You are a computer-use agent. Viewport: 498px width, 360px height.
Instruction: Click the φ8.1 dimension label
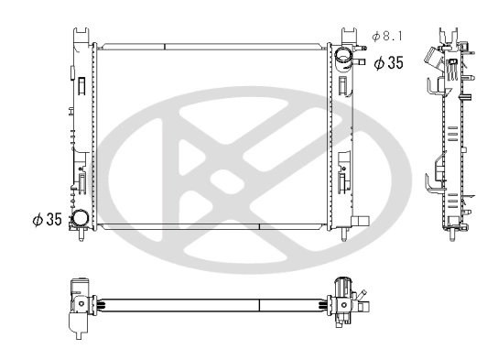(387, 36)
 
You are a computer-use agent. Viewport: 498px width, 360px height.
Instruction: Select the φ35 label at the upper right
(388, 62)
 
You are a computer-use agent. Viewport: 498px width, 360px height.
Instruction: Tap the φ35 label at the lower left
(47, 220)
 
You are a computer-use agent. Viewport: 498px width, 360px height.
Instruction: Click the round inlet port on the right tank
(345, 57)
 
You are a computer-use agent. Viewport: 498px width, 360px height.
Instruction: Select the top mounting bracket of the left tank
(81, 34)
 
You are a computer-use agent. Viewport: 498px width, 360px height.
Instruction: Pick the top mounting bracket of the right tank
(348, 34)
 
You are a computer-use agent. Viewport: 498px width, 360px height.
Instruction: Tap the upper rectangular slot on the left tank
(81, 87)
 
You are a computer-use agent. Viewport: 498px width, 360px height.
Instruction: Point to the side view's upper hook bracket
(433, 87)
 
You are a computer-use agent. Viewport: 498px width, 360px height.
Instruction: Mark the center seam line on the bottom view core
(259, 302)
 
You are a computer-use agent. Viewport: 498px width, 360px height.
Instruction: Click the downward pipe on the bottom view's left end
(74, 324)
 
